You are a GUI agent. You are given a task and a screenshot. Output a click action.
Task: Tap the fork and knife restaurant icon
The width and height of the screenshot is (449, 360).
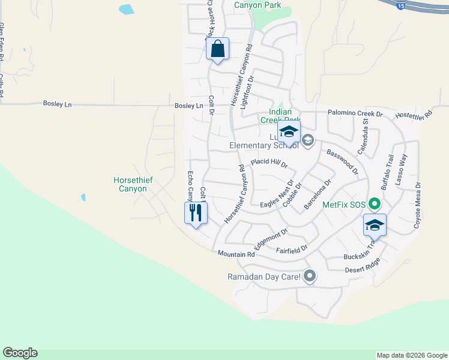tap(196, 213)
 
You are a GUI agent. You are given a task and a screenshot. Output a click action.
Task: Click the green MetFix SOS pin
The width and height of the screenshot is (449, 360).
tap(375, 205)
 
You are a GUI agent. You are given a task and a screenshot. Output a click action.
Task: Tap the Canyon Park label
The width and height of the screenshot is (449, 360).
tap(258, 5)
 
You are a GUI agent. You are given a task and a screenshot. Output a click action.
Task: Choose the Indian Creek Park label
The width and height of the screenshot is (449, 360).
tap(280, 116)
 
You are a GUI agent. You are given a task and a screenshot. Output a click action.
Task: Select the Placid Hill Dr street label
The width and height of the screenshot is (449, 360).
tap(270, 163)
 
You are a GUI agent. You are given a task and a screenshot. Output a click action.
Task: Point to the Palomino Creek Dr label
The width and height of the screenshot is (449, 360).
tap(355, 113)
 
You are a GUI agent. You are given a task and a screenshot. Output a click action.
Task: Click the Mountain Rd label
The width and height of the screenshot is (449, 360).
tap(237, 254)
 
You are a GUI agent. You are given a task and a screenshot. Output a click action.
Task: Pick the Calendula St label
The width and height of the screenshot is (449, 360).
tap(363, 137)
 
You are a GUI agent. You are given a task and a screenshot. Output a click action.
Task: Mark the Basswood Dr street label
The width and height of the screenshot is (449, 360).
tap(342, 161)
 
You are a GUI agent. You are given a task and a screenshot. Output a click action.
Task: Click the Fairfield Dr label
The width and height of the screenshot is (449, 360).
tap(292, 248)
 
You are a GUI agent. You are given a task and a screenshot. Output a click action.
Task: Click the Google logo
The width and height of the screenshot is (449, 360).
tap(20, 353)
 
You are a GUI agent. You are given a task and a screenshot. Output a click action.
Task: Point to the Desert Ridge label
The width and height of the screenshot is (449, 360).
tap(363, 270)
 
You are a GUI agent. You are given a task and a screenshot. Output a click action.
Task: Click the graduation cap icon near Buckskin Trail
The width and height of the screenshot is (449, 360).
tap(375, 224)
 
